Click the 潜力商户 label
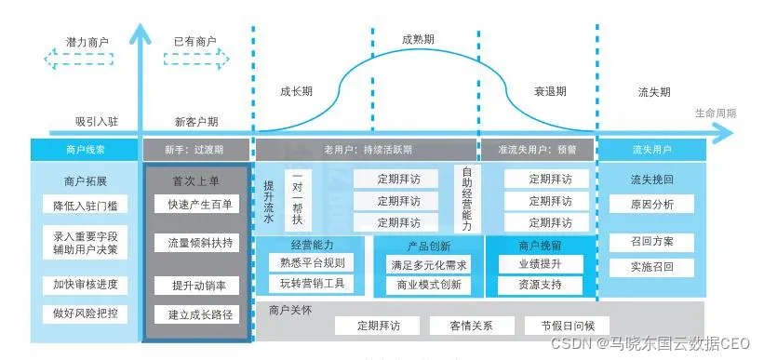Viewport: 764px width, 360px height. (x=87, y=42)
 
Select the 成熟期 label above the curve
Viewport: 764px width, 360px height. (x=418, y=40)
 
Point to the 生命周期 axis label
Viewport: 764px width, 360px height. (x=715, y=113)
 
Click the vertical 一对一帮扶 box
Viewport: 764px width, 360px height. (x=298, y=198)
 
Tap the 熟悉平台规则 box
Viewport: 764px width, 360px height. (x=312, y=263)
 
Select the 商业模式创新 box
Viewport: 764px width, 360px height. (x=429, y=285)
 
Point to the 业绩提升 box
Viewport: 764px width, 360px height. (x=540, y=264)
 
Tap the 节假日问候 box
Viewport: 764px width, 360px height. (x=560, y=326)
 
